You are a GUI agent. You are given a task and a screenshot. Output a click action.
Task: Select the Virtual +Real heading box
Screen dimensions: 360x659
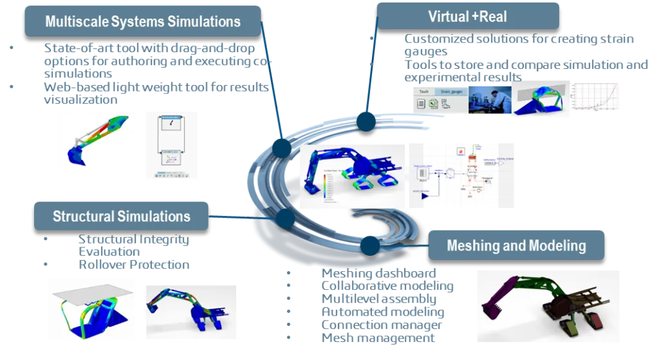pyautogui.click(x=467, y=15)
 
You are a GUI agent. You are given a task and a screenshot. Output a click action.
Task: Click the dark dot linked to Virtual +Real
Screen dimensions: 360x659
pyautogui.click(x=366, y=121)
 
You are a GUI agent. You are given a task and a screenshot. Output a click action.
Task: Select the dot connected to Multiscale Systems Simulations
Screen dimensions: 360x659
pyautogui.click(x=282, y=148)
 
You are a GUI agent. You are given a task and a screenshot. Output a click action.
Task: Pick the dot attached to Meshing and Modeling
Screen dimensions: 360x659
pyautogui.click(x=369, y=245)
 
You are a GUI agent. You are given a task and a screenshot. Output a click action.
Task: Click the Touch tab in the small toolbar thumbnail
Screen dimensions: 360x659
pyautogui.click(x=424, y=92)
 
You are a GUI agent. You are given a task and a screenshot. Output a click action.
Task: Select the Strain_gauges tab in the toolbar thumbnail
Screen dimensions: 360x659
pyautogui.click(x=449, y=92)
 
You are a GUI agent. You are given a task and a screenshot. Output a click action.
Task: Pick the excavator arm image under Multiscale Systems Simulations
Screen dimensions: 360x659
pyautogui.click(x=98, y=138)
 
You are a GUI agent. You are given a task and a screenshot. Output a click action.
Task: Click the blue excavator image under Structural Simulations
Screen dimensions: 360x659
pyautogui.click(x=189, y=311)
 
